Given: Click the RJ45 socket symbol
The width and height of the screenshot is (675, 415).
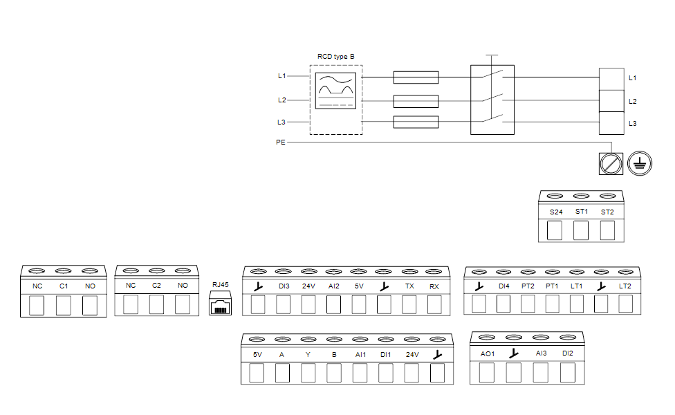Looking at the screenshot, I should (221, 304).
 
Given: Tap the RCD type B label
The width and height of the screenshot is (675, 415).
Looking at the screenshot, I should (335, 57).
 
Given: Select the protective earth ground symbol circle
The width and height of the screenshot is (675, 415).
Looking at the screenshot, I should (639, 163).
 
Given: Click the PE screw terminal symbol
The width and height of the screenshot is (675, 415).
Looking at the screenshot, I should (610, 163).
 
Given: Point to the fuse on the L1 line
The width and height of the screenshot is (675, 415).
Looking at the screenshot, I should (416, 77).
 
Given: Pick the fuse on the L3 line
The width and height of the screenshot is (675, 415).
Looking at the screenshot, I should (416, 122).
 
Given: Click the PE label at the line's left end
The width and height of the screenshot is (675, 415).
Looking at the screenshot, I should (279, 142).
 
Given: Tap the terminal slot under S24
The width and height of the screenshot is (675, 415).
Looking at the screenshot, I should (555, 230).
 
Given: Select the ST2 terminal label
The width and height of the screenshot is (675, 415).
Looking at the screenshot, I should (607, 212).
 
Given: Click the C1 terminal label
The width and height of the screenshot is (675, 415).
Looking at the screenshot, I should (63, 286).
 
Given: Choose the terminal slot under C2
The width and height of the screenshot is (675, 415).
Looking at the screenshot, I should (156, 304).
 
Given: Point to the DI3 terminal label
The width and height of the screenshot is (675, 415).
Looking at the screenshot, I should (284, 286).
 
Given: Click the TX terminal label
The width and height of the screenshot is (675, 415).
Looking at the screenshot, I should (409, 286).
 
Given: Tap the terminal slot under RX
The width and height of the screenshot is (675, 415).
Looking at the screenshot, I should (434, 304).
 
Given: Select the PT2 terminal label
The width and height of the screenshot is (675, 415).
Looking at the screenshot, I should (528, 286).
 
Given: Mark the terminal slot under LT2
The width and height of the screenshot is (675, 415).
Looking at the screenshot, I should (625, 304).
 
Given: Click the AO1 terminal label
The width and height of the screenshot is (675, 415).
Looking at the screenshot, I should (487, 353).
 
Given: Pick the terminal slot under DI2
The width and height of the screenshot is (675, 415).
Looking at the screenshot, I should (567, 372).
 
